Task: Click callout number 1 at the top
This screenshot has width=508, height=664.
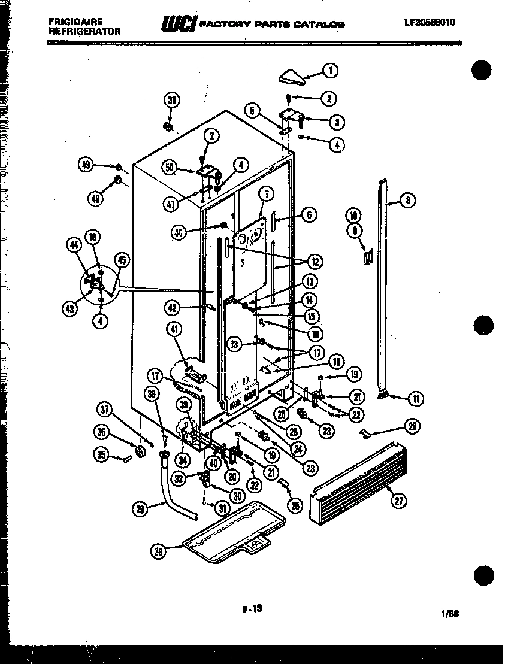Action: (329, 70)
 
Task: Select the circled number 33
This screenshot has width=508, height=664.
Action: (173, 100)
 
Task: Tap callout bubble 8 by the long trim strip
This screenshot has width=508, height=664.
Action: (407, 201)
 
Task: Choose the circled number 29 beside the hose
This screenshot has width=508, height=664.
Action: (140, 509)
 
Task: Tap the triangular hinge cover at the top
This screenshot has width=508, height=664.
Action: (293, 77)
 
